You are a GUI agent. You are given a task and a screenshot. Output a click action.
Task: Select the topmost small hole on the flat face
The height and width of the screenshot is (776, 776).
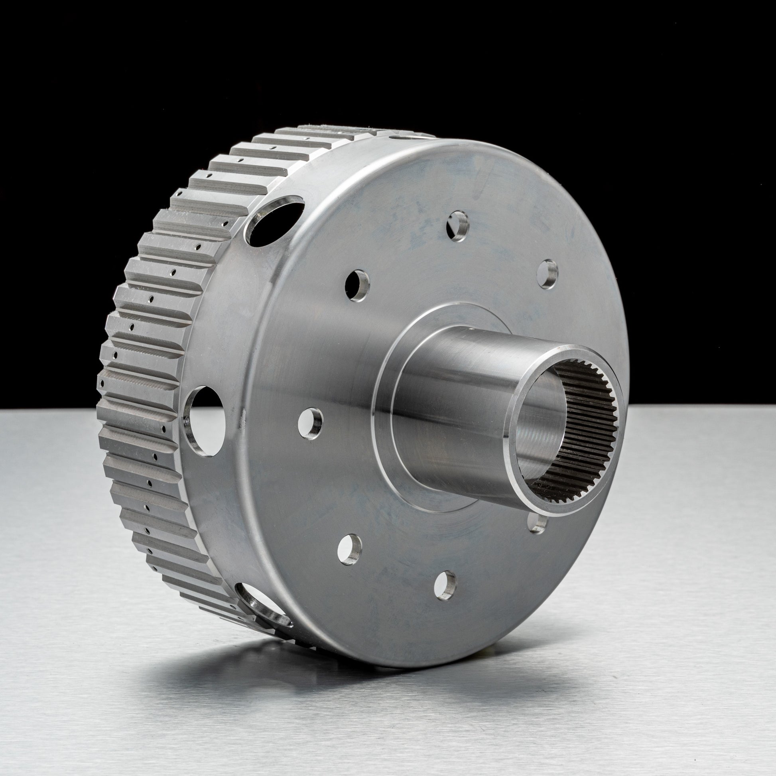tap(458, 226)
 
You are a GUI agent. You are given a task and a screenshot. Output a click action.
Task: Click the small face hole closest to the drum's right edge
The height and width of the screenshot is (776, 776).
tap(547, 274)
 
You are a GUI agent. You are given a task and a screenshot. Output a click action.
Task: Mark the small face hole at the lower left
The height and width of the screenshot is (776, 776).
tap(349, 549)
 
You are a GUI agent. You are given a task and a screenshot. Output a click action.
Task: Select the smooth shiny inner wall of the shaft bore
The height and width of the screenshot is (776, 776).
tap(542, 422)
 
